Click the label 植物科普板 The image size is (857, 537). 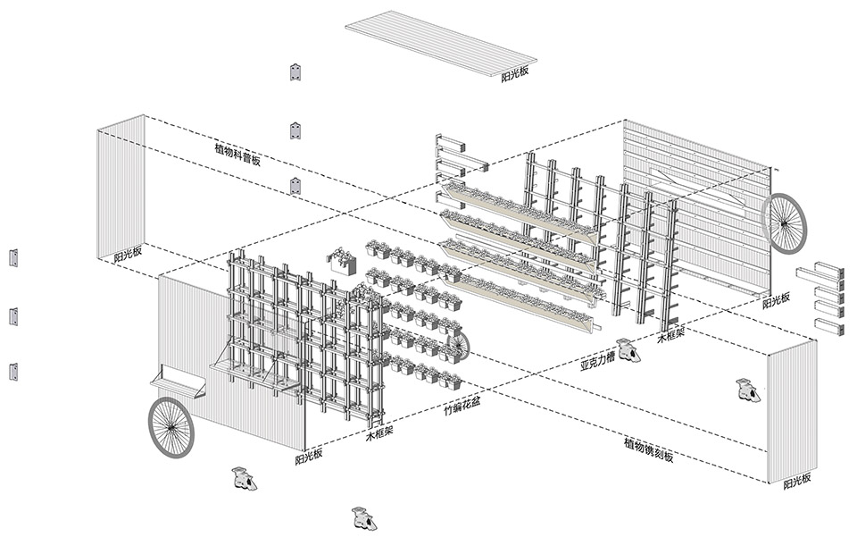(x=238, y=155)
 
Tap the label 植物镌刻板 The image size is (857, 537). (x=649, y=449)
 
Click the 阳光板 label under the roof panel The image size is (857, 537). (x=515, y=74)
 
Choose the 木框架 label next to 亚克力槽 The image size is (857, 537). (x=670, y=333)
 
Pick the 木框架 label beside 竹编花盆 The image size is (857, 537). (x=379, y=433)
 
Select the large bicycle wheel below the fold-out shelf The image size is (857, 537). (x=171, y=428)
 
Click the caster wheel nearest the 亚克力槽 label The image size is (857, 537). (x=628, y=351)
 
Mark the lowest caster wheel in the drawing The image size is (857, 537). (x=364, y=518)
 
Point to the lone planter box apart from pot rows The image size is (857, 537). (x=342, y=260)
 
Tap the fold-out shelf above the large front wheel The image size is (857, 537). (x=179, y=382)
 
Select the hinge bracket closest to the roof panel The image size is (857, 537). (x=295, y=71)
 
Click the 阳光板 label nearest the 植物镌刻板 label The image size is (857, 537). (x=797, y=482)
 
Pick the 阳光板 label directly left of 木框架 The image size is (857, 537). (x=309, y=456)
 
